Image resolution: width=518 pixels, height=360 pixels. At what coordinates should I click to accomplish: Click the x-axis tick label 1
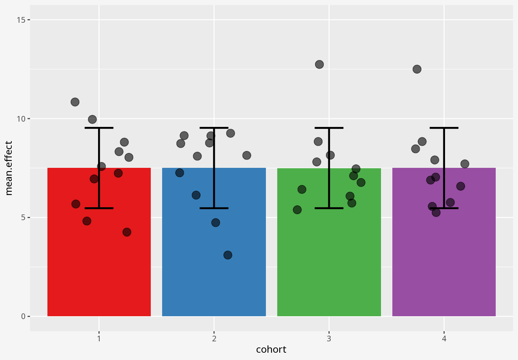tap(99, 339)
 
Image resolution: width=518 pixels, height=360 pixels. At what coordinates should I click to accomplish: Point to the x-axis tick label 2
tap(214, 339)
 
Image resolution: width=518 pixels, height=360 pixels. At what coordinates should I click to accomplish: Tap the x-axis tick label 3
tap(329, 339)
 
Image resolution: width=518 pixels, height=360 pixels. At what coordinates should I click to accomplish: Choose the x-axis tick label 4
tap(444, 339)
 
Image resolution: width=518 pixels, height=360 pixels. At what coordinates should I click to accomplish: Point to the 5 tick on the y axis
tap(23, 217)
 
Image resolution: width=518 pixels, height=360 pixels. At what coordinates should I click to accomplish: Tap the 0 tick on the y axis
tap(23, 316)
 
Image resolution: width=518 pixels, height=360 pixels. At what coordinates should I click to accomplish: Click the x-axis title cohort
tap(271, 349)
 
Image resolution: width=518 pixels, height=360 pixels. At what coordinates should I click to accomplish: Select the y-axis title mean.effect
tap(9, 168)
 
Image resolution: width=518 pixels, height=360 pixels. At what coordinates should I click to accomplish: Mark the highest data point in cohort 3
tap(319, 64)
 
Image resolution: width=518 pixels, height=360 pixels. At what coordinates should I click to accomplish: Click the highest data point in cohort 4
tap(417, 69)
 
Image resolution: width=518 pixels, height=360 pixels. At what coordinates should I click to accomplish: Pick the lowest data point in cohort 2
tap(228, 255)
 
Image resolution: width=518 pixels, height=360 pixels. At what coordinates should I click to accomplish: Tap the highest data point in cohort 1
tap(75, 102)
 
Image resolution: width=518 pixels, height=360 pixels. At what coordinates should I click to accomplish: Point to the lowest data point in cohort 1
tap(127, 232)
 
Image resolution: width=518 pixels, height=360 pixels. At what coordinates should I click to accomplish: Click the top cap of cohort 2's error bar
tap(214, 128)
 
